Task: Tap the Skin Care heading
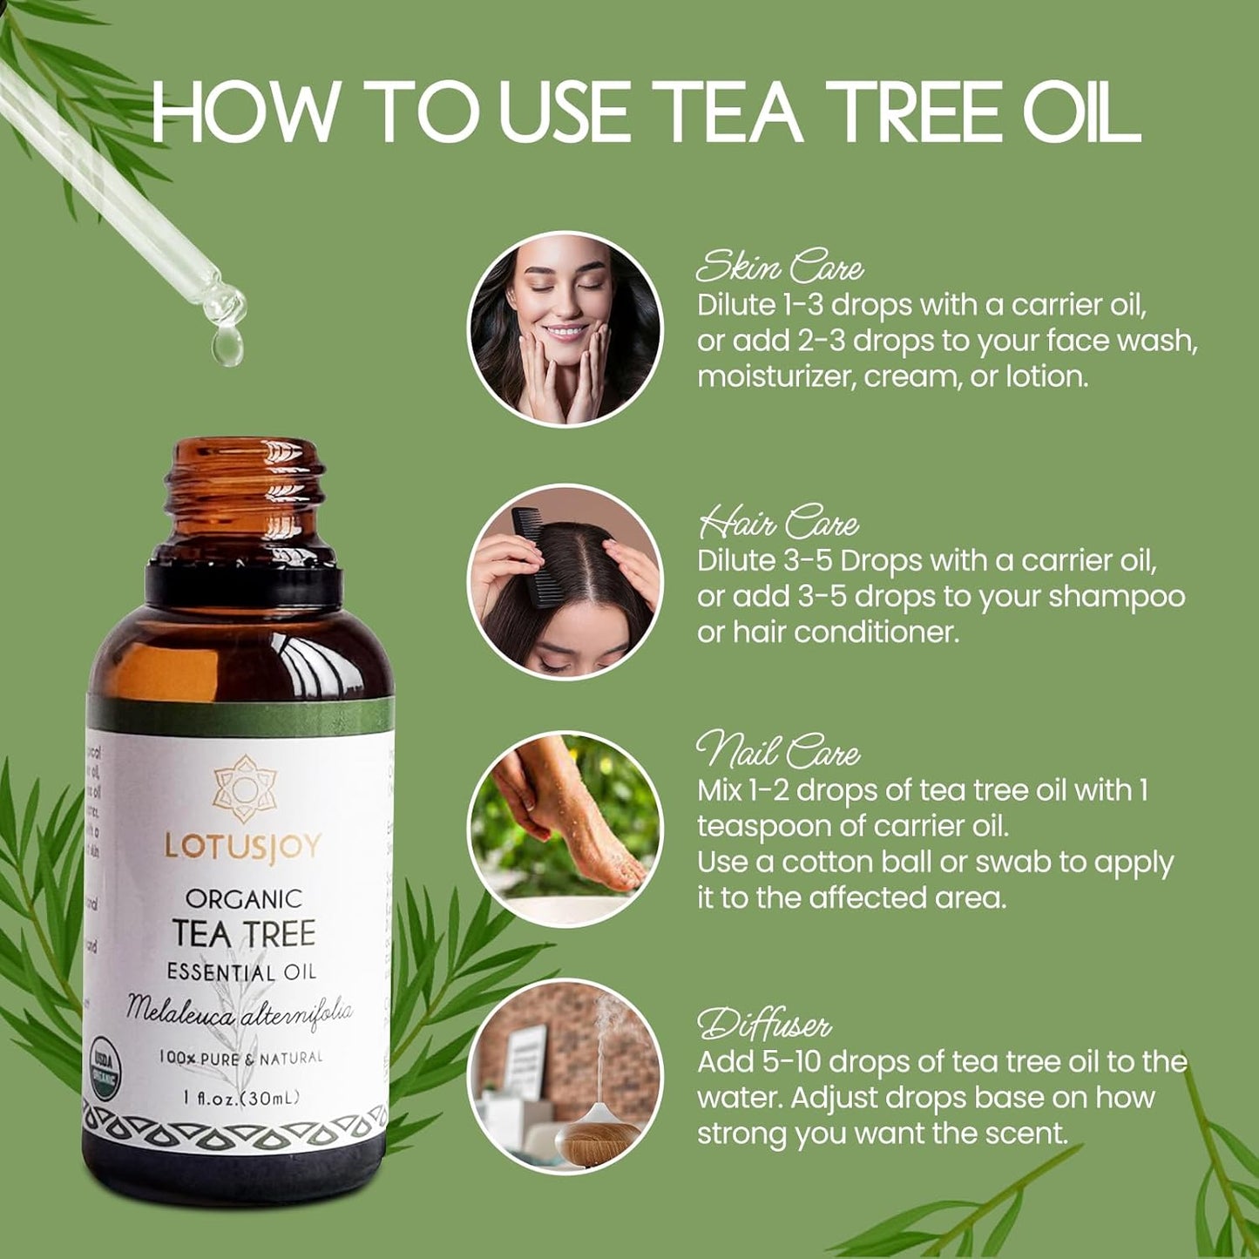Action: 780,267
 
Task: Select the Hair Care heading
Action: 778,523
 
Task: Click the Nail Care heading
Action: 778,751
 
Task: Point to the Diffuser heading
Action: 764,1024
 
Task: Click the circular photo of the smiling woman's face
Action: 565,328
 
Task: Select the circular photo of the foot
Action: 565,828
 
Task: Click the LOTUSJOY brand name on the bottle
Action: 243,846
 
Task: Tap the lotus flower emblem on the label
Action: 244,789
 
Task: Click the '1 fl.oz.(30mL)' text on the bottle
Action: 241,1098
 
